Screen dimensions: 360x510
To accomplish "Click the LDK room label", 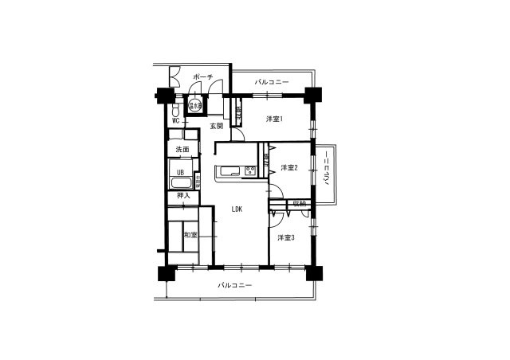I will click(237, 209).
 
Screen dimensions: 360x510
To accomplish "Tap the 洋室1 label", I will click(274, 119).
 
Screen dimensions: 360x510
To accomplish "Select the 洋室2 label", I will click(288, 167).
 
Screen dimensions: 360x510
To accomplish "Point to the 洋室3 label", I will click(286, 238).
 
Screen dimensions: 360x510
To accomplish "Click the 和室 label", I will click(190, 234).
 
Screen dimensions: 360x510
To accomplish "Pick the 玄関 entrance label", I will click(217, 126).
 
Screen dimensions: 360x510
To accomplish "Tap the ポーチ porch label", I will click(202, 77).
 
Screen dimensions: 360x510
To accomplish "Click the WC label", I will click(175, 120).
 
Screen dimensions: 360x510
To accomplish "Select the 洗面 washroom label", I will click(182, 149).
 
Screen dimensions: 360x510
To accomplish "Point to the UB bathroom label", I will click(181, 172).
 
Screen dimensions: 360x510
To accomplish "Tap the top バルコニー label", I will click(272, 82).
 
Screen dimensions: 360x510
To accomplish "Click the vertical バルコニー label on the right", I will click(328, 171).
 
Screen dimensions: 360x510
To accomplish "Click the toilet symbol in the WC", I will click(177, 109).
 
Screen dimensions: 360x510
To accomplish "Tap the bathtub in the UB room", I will click(182, 184).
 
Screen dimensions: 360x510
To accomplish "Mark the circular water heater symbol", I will click(194, 104).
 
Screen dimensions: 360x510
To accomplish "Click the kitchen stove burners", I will click(250, 170).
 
